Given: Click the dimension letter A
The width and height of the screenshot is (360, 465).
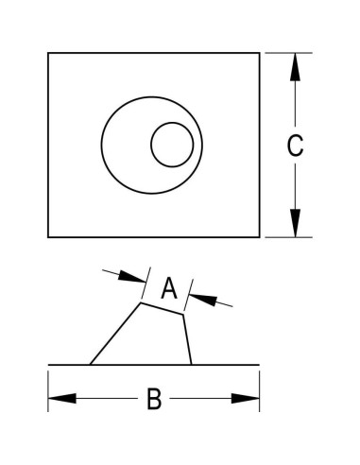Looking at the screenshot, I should pos(168,288).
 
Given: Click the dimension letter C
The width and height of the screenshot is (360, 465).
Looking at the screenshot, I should pos(295,146).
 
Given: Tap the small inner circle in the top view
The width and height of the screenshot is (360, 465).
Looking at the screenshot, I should pos(173,145).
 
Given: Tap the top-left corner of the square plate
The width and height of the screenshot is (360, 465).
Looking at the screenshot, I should pos(48,53).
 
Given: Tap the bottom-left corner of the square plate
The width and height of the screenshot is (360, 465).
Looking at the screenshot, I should pos(48,237).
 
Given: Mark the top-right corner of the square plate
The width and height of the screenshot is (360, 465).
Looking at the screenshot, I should pos(259,53).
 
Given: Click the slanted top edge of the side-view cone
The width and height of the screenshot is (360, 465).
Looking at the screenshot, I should pos(163,310).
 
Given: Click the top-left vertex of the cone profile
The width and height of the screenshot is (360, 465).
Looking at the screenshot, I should pos(141,303).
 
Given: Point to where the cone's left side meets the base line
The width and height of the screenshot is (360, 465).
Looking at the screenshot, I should pos(90,364).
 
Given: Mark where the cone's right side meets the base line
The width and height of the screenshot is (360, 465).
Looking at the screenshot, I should pos(192,364).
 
